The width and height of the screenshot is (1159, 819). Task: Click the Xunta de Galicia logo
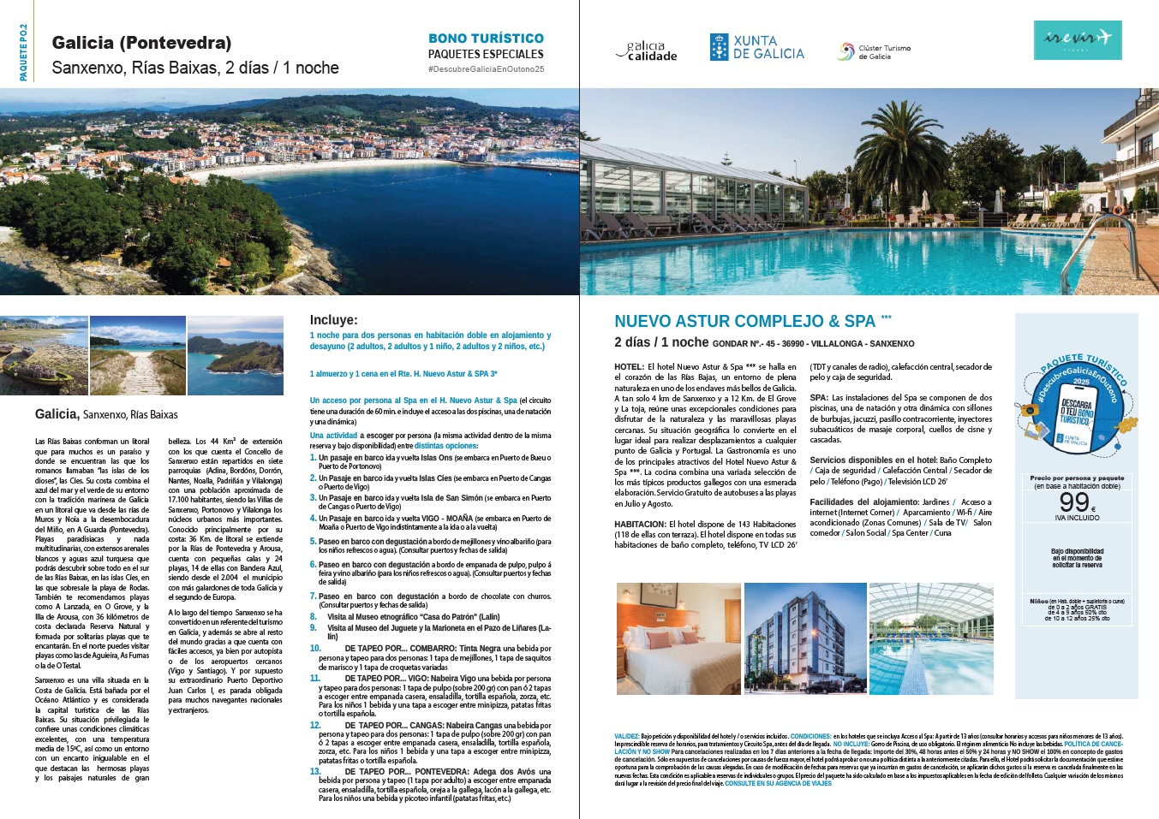click(x=756, y=47)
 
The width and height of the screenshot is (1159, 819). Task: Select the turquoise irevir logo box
click(x=1077, y=39)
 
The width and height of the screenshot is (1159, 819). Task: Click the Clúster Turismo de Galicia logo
click(x=874, y=52)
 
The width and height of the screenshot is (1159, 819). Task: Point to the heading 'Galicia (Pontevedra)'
click(x=141, y=43)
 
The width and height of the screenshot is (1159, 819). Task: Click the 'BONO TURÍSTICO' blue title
click(x=486, y=39)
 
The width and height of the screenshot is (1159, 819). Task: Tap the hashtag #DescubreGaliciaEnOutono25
click(x=486, y=69)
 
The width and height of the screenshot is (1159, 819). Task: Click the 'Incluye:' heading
click(x=333, y=320)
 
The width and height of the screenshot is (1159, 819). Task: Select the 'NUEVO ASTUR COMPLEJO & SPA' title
click(x=744, y=321)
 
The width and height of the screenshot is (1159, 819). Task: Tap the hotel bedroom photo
click(x=678, y=638)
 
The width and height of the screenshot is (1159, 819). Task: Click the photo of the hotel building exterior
click(x=804, y=638)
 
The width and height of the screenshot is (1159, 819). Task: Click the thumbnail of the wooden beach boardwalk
click(x=137, y=355)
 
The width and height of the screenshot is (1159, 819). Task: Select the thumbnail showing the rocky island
click(x=235, y=355)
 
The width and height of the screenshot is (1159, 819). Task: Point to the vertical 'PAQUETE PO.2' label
click(x=23, y=53)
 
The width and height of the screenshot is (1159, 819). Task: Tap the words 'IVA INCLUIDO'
click(x=1077, y=518)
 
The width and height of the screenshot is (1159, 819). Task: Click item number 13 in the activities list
click(x=314, y=771)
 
